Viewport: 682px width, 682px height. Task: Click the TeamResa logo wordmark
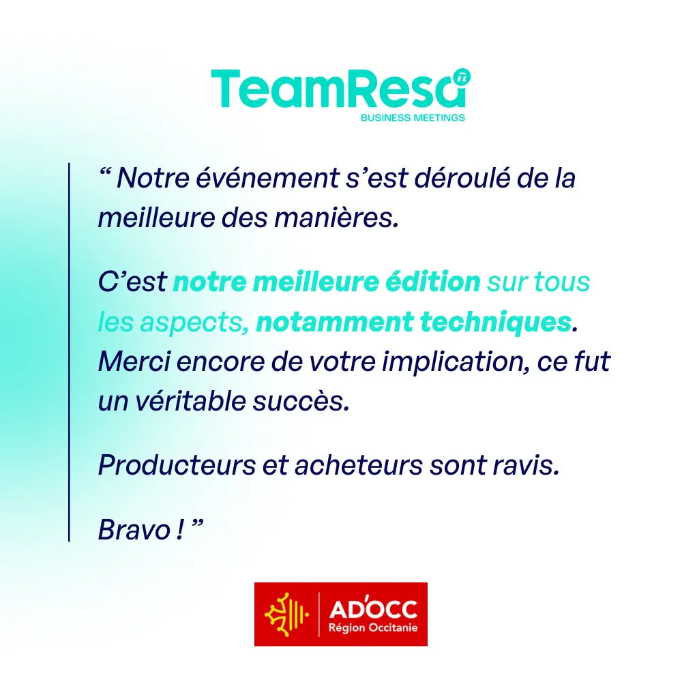click(338, 89)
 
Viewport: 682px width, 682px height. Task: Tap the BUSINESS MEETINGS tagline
click(413, 117)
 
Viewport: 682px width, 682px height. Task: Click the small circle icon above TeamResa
click(462, 78)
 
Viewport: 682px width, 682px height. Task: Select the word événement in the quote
click(267, 178)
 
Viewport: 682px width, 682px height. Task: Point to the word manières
click(336, 218)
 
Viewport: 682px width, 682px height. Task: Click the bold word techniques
click(496, 322)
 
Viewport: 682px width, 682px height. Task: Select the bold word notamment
click(334, 323)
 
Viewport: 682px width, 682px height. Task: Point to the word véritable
click(190, 401)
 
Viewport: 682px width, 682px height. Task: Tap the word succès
click(301, 402)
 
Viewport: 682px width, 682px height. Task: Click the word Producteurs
click(177, 465)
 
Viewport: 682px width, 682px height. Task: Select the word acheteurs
click(359, 465)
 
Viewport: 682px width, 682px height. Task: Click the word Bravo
click(134, 530)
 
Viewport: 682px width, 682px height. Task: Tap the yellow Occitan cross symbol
click(286, 614)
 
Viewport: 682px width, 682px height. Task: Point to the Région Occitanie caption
click(373, 627)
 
